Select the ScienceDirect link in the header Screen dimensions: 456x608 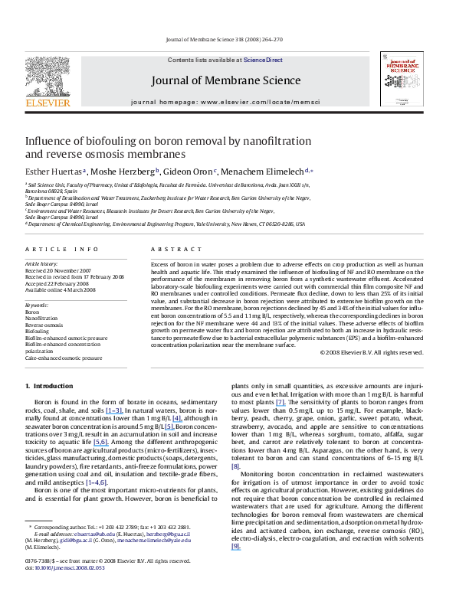pyautogui.click(x=263, y=60)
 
